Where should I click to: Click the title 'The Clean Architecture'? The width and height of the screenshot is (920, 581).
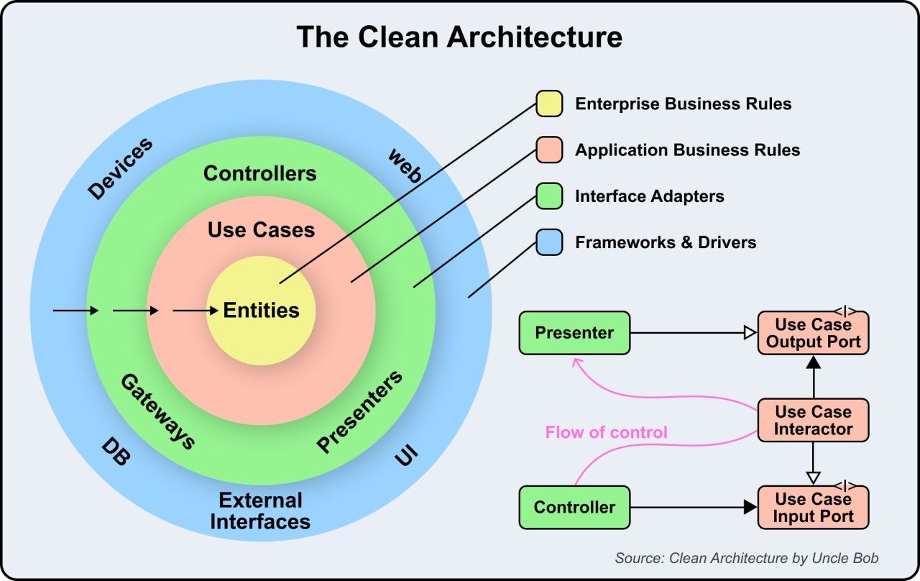point(459,37)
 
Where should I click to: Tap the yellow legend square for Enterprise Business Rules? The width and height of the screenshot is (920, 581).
point(548,104)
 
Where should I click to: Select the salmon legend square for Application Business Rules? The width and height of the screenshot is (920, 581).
point(548,150)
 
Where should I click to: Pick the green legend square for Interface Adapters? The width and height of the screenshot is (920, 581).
point(548,196)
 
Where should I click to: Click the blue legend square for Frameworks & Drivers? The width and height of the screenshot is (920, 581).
point(548,242)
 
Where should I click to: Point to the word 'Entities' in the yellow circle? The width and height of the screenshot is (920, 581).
point(261,311)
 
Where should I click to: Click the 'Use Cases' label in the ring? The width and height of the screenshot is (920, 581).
point(261,230)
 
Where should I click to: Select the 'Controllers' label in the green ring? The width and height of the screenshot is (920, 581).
point(259,173)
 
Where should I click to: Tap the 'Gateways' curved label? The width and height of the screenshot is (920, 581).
point(157,411)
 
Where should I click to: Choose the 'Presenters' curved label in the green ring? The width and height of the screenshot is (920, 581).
point(359,412)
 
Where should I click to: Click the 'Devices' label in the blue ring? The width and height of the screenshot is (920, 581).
point(120,168)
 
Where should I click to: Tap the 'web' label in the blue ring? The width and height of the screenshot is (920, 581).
point(405,165)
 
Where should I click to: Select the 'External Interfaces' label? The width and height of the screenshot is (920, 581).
point(260,511)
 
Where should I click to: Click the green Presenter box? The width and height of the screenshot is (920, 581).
point(574,333)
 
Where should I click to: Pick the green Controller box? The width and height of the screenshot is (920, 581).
point(574,507)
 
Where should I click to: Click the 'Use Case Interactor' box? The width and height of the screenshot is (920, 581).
point(813,421)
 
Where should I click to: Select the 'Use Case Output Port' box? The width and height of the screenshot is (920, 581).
point(813,333)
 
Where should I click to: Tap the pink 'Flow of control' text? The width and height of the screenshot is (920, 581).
point(606,432)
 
